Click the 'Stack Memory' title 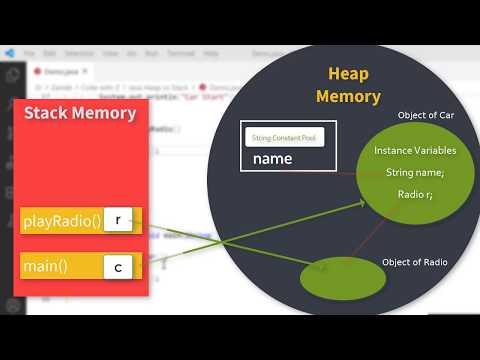coord(80,112)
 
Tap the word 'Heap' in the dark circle coord(348,75)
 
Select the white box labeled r coord(118,220)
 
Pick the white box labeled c coord(118,266)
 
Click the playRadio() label coord(62,220)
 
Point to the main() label coord(46,266)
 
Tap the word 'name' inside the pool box coord(272,158)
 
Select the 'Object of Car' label coord(424,114)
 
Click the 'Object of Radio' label coord(414,262)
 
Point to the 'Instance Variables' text coord(415,150)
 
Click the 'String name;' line coord(415,172)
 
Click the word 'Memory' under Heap coord(348,97)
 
